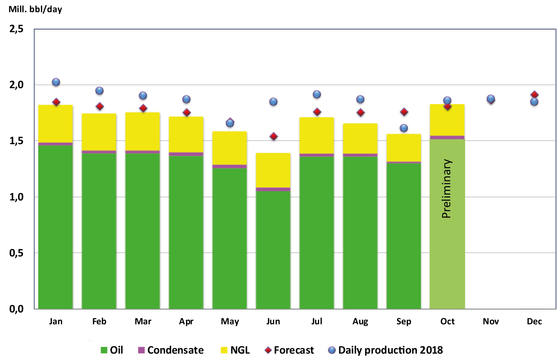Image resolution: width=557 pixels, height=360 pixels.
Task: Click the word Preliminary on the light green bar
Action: pyautogui.click(x=446, y=189)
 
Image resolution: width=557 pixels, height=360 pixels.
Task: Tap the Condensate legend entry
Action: pyautogui.click(x=171, y=350)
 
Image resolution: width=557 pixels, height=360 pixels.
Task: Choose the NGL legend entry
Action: pyautogui.click(x=235, y=350)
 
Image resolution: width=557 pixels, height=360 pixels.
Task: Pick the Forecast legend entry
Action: pyautogui.click(x=289, y=350)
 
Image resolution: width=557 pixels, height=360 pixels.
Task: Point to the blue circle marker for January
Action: pyautogui.click(x=56, y=82)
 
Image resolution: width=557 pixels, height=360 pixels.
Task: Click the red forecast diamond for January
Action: pyautogui.click(x=56, y=102)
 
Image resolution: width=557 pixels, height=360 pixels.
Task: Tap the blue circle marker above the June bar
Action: pyautogui.click(x=273, y=102)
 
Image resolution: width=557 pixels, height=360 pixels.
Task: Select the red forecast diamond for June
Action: pyautogui.click(x=274, y=136)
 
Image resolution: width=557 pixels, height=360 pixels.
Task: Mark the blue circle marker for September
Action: pyautogui.click(x=404, y=128)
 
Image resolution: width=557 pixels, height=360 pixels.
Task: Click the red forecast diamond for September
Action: pyautogui.click(x=404, y=112)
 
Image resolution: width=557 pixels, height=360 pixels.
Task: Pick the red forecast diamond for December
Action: pyautogui.click(x=535, y=95)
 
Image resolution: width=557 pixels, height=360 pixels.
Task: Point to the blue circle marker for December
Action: pyautogui.click(x=534, y=102)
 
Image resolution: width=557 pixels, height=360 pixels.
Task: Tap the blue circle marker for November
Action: pyautogui.click(x=491, y=99)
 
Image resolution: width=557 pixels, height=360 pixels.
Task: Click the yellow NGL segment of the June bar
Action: pyautogui.click(x=273, y=170)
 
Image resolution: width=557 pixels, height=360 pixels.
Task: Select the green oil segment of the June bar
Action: pyautogui.click(x=273, y=249)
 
